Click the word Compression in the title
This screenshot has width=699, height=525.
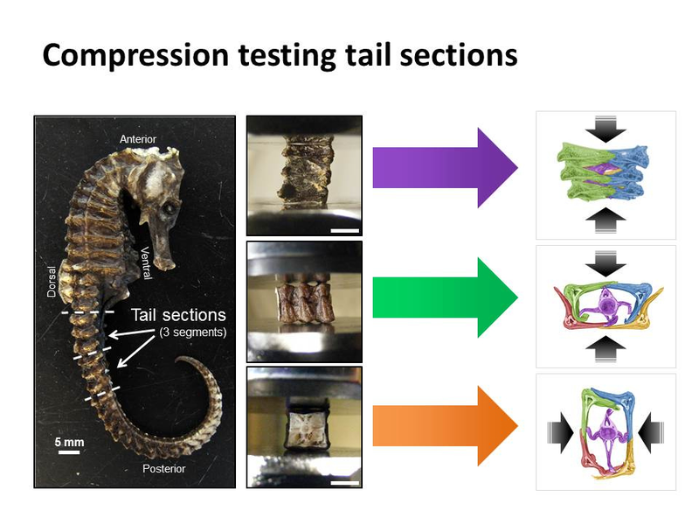135,56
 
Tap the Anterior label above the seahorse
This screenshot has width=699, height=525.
138,139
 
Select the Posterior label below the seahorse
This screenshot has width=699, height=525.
163,469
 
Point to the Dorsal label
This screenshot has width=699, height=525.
52,282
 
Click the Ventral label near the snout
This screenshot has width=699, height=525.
147,263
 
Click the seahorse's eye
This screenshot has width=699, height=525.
169,208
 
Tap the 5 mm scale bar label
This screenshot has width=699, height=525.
69,442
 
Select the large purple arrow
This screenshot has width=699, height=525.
445,168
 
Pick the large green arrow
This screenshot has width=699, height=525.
445,297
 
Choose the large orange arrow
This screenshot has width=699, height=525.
445,426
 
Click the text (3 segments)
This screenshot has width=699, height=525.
192,332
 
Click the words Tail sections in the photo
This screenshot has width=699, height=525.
178,315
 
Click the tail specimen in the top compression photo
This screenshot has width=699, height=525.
305,171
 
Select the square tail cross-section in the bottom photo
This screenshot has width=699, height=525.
306,425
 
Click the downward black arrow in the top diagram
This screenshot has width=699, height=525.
606,129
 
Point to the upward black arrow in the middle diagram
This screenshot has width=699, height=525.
606,348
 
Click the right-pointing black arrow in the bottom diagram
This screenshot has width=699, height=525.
560,432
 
